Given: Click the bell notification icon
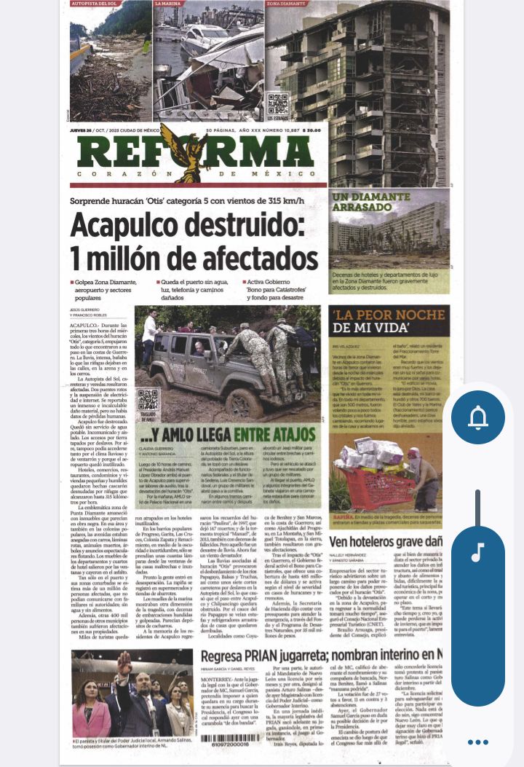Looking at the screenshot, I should (478, 418).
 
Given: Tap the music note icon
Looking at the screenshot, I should (477, 553).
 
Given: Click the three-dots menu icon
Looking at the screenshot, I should (477, 742).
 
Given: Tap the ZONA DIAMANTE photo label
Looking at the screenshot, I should (287, 4).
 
